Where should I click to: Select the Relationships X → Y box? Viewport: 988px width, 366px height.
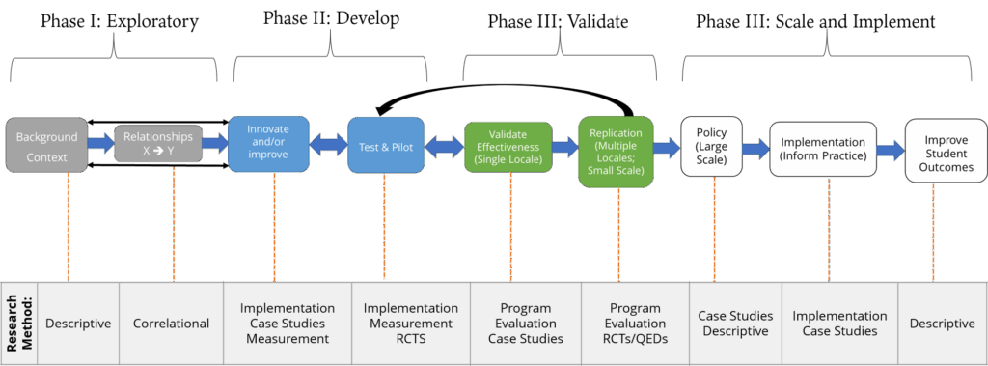point(157,144)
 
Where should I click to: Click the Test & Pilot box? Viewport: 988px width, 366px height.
point(385,146)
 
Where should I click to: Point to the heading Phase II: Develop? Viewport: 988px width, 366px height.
point(331,18)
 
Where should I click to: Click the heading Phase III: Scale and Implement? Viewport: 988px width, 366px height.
point(815,22)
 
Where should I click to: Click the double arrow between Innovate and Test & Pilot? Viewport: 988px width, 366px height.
point(328,145)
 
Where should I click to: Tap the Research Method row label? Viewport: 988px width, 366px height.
point(17,323)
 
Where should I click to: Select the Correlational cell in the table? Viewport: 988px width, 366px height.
point(171,324)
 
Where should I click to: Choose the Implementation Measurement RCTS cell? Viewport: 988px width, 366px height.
point(410,324)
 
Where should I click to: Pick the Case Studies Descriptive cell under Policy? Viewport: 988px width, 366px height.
point(735,324)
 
